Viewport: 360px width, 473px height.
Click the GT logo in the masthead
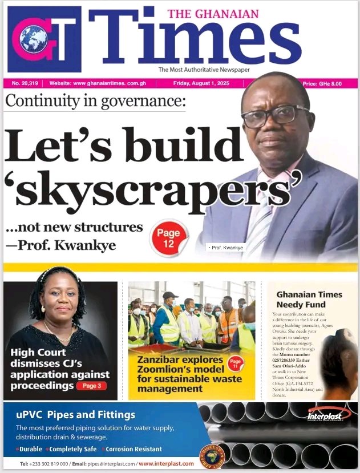pos(45,39)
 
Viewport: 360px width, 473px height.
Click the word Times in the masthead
pos(194,41)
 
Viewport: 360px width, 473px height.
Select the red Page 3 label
pos(91,386)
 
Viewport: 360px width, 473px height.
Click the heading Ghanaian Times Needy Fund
pos(309,300)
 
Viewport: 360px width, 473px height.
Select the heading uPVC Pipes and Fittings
pos(75,415)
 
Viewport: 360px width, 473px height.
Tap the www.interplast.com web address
pos(166,463)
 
